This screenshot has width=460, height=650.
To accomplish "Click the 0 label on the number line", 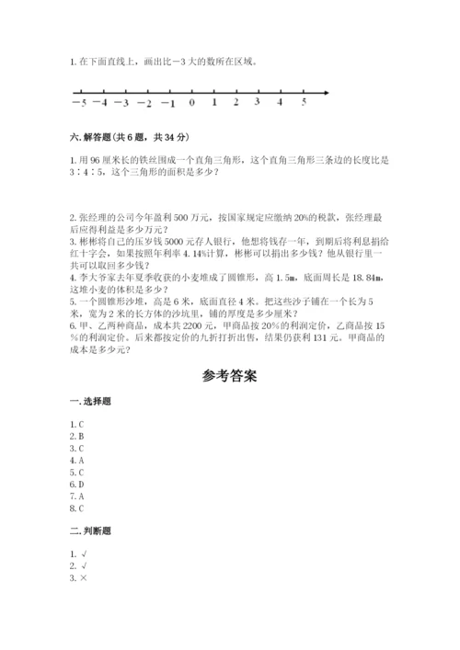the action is pos(191,103).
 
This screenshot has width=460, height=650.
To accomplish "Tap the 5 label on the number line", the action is pos(304,102).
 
